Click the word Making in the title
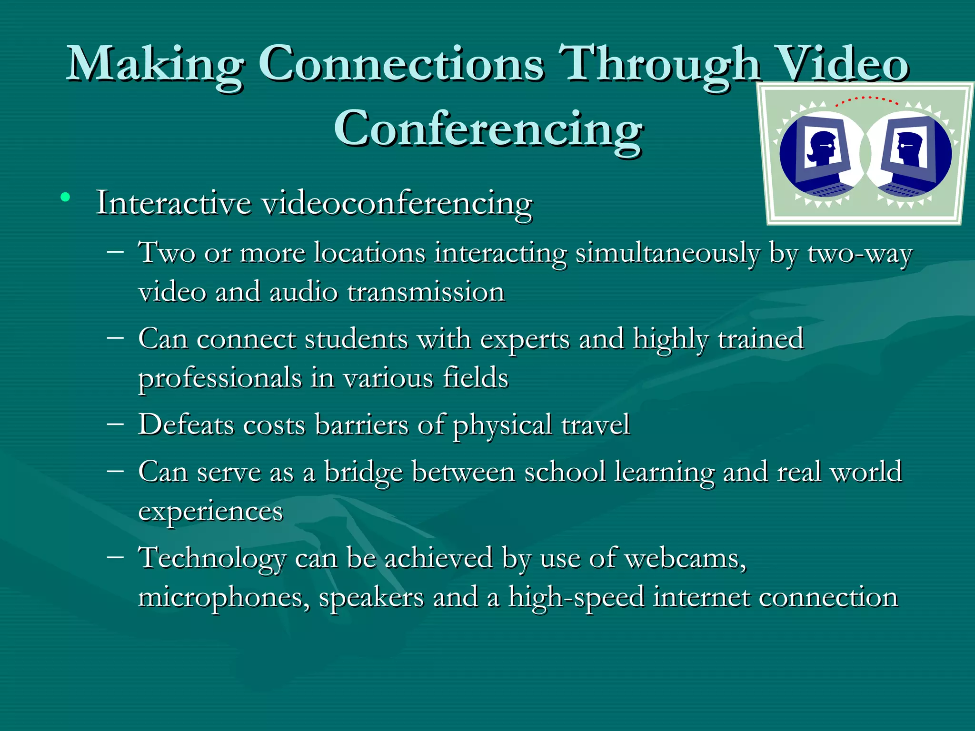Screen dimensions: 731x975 [155, 64]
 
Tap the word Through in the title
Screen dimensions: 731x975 [659, 64]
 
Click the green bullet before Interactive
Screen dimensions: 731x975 [66, 197]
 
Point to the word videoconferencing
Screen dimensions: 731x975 [397, 204]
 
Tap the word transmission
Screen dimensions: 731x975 [426, 292]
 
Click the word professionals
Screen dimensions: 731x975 [220, 378]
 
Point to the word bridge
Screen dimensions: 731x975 [364, 472]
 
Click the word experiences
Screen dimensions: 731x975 [210, 512]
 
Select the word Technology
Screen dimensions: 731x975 [212, 558]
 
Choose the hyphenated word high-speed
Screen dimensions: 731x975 [576, 598]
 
